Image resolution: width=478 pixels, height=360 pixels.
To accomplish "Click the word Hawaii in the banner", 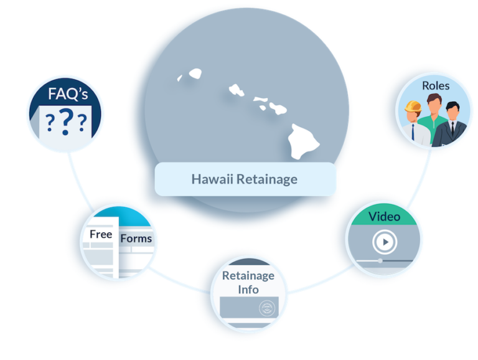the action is point(212,179).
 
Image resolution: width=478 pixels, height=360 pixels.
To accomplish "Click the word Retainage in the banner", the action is point(267,180).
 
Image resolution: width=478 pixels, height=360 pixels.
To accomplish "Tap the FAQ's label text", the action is point(68,93).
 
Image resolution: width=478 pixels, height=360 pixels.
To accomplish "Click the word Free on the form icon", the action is point(101,234).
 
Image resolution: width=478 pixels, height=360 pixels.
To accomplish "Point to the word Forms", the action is point(136,239).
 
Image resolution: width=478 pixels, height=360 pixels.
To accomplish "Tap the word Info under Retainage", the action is point(248,290).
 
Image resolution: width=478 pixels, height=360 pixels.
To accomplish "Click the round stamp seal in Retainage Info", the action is point(267,308).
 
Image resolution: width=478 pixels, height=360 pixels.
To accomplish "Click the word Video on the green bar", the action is point(384,217).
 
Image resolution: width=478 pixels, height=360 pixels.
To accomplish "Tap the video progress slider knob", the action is point(380,260).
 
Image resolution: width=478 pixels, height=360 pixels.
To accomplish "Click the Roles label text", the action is point(436,86).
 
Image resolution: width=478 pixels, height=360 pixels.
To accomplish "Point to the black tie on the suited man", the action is point(452,128).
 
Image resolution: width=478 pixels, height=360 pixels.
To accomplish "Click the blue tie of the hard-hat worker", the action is point(413,132).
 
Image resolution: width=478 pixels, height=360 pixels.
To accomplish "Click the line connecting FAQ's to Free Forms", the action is point(79,182).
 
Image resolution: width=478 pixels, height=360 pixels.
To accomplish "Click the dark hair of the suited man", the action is point(452,106).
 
